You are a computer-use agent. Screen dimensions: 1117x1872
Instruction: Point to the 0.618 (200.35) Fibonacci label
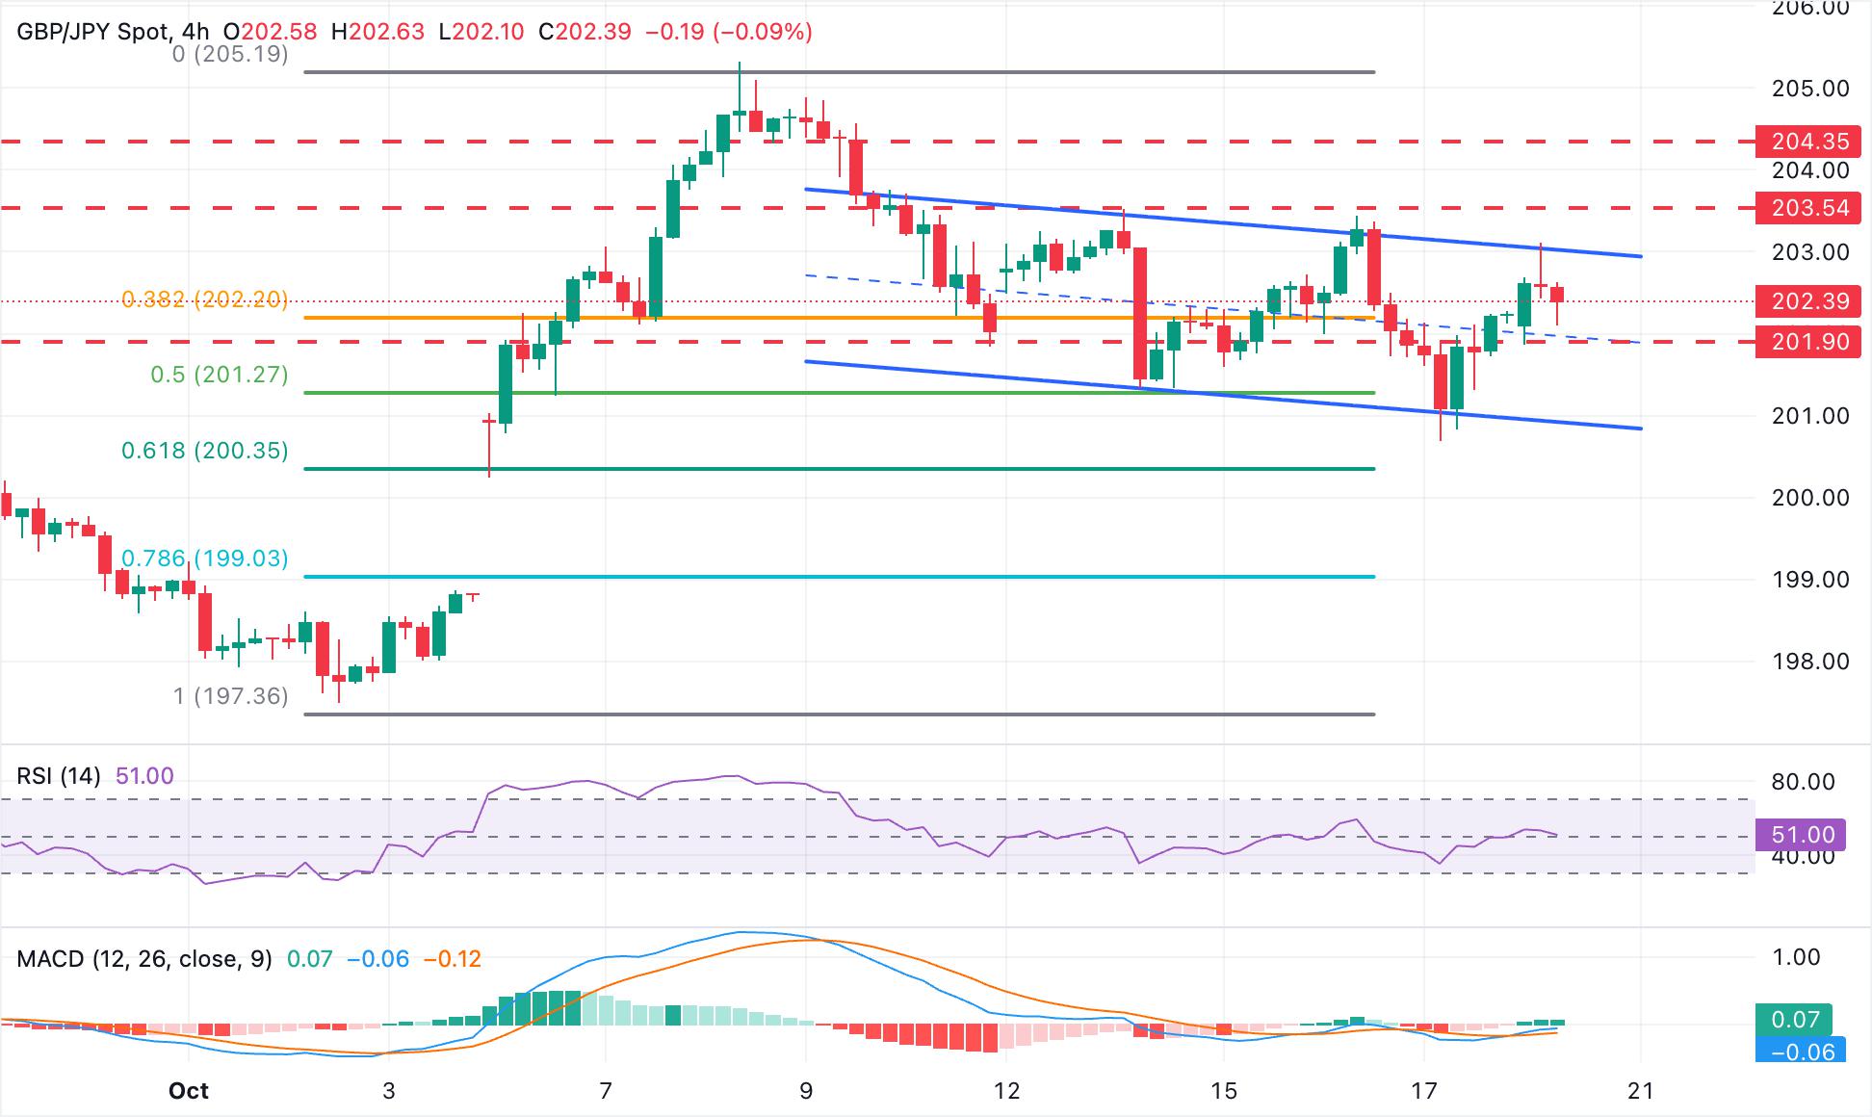(x=205, y=451)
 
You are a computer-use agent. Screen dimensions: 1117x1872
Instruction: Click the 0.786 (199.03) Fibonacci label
(x=205, y=558)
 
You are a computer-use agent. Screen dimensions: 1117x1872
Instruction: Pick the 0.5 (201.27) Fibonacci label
(x=220, y=375)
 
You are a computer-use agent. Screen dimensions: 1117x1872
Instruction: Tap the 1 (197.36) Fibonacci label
(x=231, y=696)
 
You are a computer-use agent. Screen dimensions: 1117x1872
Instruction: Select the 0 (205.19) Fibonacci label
(x=230, y=54)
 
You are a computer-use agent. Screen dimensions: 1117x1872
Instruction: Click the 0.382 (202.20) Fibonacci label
(x=205, y=299)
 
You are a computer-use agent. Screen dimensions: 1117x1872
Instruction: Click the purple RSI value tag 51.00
(x=1800, y=835)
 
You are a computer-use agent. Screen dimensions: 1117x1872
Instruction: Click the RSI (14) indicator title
(x=59, y=776)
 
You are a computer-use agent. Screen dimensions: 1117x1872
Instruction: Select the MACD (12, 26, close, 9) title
(x=144, y=959)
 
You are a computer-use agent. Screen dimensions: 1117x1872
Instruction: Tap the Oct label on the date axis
(x=189, y=1091)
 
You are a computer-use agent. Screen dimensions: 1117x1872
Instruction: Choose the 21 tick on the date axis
(x=1640, y=1091)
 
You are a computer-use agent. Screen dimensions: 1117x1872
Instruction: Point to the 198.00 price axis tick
(x=1810, y=662)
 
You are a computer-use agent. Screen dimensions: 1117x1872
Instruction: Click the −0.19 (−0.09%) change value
(x=729, y=32)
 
